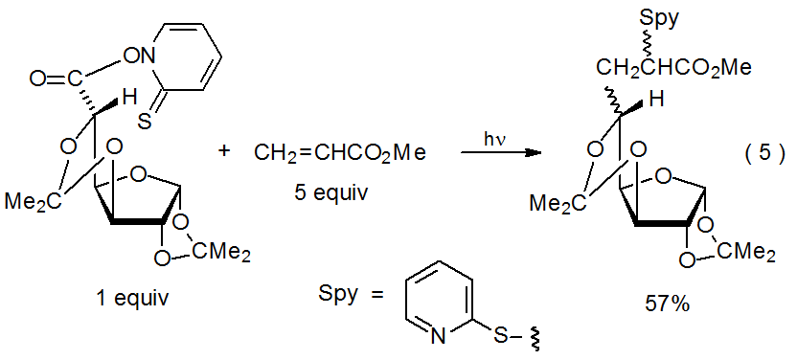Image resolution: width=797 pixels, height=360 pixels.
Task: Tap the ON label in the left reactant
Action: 135,56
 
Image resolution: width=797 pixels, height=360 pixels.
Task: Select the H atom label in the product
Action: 656,99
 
